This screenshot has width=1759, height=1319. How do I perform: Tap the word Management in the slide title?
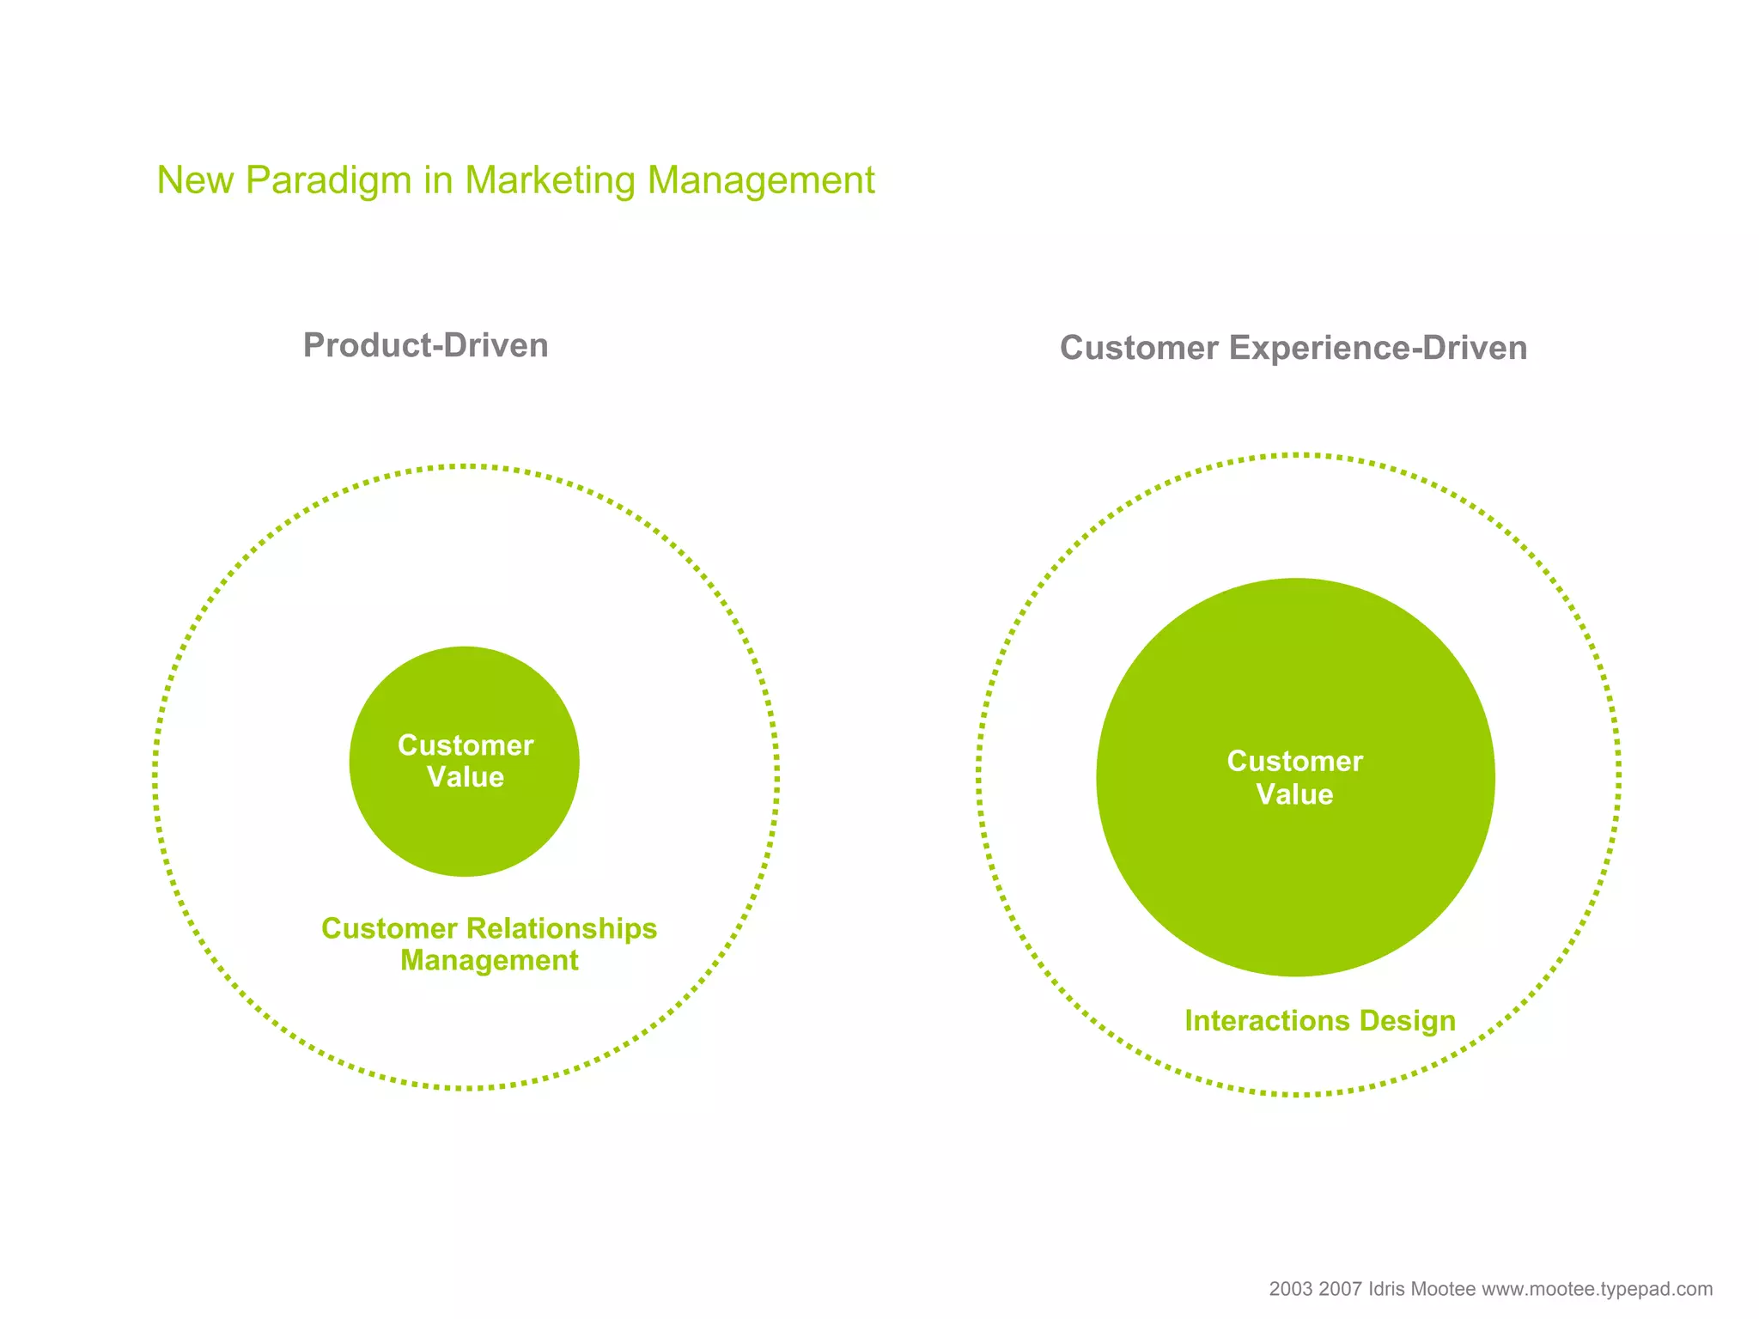tap(761, 181)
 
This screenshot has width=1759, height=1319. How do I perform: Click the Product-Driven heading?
tap(426, 345)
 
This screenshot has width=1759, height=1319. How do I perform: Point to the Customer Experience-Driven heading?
tap(1293, 348)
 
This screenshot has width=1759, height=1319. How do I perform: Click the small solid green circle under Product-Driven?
tap(464, 824)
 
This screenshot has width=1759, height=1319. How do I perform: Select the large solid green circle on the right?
tap(1295, 876)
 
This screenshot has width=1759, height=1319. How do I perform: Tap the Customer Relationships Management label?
tap(489, 944)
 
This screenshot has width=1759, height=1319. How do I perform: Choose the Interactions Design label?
tap(1320, 1020)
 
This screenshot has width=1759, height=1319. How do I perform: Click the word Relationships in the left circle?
tap(562, 928)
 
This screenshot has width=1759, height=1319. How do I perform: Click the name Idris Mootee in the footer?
tap(1421, 1289)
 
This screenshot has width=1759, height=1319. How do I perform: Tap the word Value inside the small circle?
tap(466, 777)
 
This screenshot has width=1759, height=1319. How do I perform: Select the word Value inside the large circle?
tap(1294, 794)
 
